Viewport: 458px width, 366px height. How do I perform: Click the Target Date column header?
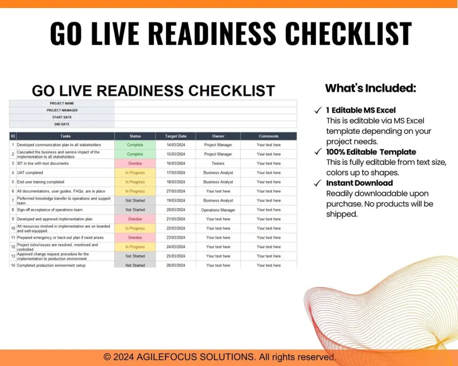(175, 136)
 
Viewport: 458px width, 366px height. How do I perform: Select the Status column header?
(135, 136)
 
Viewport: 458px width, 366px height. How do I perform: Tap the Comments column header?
(268, 136)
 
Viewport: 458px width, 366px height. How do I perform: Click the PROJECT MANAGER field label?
(62, 110)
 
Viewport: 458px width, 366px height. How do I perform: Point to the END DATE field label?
(62, 124)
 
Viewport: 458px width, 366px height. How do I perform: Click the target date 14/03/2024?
(175, 145)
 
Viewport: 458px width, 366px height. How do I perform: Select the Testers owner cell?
(218, 164)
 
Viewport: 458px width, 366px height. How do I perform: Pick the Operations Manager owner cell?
(218, 210)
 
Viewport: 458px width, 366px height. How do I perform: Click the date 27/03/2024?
(175, 191)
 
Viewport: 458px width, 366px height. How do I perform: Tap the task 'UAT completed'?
(30, 173)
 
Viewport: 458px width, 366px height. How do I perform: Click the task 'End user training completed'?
(41, 182)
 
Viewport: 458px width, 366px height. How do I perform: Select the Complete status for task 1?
(135, 145)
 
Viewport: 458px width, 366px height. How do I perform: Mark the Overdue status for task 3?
(135, 164)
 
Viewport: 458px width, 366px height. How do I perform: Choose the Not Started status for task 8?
(135, 210)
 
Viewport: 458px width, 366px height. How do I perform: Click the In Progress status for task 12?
(135, 247)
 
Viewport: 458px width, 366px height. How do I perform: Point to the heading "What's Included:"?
(370, 88)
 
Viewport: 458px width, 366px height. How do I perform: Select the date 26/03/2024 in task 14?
(175, 265)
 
